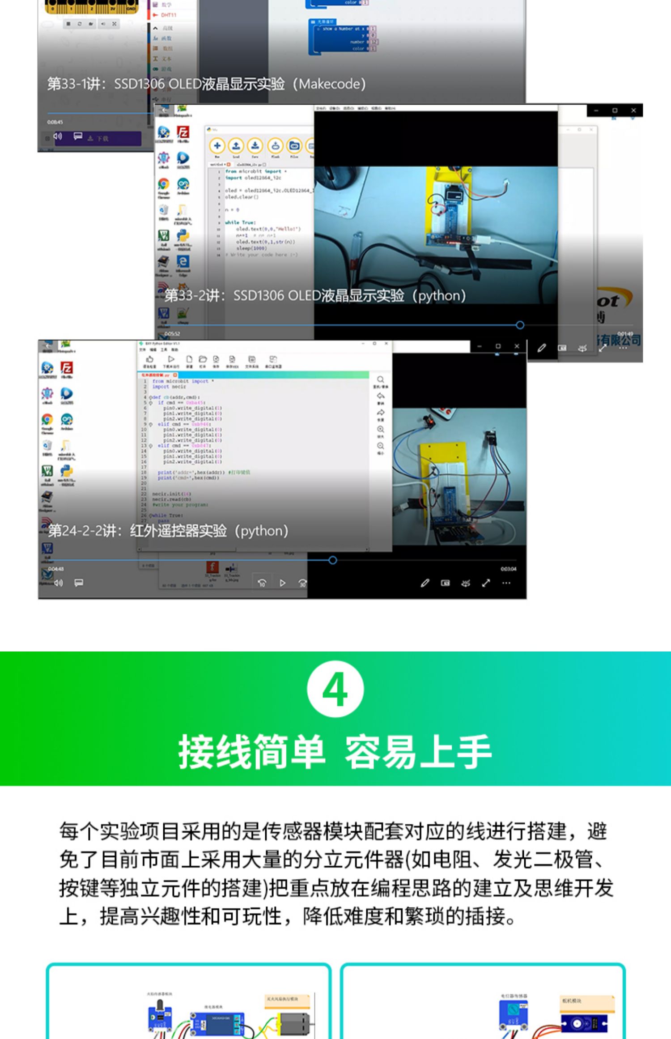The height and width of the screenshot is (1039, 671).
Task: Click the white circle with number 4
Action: coord(335,689)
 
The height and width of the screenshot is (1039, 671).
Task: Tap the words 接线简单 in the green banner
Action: coord(251,752)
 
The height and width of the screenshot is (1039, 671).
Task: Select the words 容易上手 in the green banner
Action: coord(418,752)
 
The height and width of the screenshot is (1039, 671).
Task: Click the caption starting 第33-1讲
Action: coord(206,84)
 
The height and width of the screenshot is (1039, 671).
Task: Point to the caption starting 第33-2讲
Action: coord(315,295)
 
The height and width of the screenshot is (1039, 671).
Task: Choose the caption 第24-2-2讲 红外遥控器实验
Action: coord(168,531)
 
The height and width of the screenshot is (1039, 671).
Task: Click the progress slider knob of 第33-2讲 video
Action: coord(520,325)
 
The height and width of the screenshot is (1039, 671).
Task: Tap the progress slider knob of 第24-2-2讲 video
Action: coord(332,560)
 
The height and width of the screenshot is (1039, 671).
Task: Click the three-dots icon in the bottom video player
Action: coord(506,583)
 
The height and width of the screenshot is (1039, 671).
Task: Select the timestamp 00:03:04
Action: coord(508,569)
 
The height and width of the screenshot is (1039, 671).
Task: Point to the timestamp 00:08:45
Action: coord(55,122)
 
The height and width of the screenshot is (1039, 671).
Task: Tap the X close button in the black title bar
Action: coord(633,110)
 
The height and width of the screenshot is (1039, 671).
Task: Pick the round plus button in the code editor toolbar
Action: coord(217,145)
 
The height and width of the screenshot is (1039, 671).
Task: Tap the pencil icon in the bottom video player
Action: coord(425,583)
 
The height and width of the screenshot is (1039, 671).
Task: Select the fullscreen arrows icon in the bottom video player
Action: coord(486,583)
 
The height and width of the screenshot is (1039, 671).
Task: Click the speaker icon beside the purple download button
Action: coord(58,136)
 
